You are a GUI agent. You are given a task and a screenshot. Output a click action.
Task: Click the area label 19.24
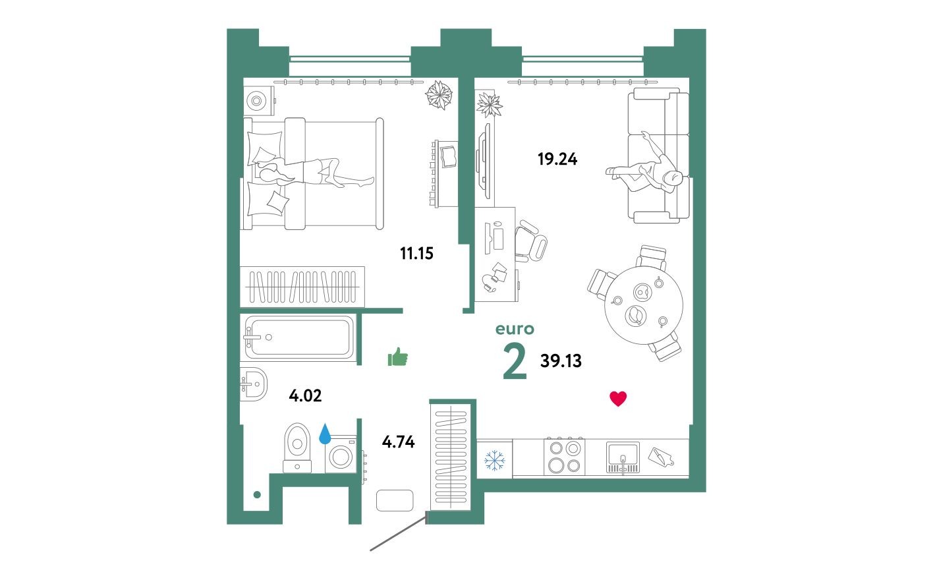[x=557, y=159]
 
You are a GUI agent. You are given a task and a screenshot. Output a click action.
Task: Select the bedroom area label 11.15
[x=416, y=253]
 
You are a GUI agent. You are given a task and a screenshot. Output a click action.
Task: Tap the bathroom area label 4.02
[x=305, y=395]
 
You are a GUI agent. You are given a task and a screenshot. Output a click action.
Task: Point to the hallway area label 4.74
[x=398, y=442]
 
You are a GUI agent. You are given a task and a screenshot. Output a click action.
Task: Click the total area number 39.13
[x=561, y=361]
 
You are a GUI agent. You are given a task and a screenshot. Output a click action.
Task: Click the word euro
[x=515, y=329]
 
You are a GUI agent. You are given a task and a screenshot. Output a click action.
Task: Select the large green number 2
[x=515, y=362]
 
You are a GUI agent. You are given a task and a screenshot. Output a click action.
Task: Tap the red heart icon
[x=618, y=398]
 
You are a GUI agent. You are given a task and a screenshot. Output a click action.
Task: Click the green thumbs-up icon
[x=398, y=357]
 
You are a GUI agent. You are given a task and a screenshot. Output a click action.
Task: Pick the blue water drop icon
[x=325, y=434]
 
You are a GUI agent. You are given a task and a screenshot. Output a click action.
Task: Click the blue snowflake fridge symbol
[x=494, y=459]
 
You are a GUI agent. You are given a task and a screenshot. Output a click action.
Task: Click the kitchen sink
[x=623, y=455]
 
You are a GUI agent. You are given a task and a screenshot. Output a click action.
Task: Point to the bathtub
[x=299, y=337]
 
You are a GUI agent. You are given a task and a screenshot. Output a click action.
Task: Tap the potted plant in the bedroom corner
[x=439, y=94]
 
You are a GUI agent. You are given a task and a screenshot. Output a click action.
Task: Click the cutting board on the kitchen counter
[x=660, y=457]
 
